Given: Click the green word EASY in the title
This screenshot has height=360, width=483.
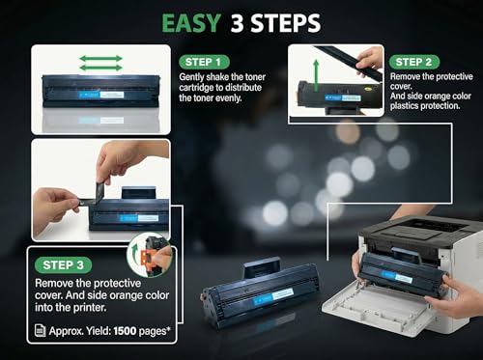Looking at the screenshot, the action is [x=191, y=23].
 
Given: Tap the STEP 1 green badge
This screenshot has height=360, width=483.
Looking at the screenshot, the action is [x=204, y=62].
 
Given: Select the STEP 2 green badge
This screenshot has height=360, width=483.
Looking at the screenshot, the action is [x=414, y=62].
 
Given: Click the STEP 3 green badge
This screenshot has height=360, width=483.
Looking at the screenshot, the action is [x=63, y=265].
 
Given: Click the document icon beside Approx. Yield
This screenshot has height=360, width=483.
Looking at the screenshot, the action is [x=40, y=330].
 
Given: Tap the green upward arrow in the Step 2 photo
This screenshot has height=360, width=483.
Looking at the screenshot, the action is [x=316, y=74].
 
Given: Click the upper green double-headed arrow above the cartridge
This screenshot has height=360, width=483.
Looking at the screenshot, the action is [x=100, y=59].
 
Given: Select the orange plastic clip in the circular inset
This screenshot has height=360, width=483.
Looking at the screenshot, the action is [x=146, y=257].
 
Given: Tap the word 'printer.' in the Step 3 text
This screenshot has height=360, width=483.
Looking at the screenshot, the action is [x=90, y=308].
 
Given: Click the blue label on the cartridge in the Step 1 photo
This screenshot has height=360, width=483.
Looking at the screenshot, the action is [x=89, y=95].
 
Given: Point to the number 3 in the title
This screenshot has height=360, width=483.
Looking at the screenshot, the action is [x=237, y=23].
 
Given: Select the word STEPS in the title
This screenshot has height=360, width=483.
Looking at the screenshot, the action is [x=286, y=23].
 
